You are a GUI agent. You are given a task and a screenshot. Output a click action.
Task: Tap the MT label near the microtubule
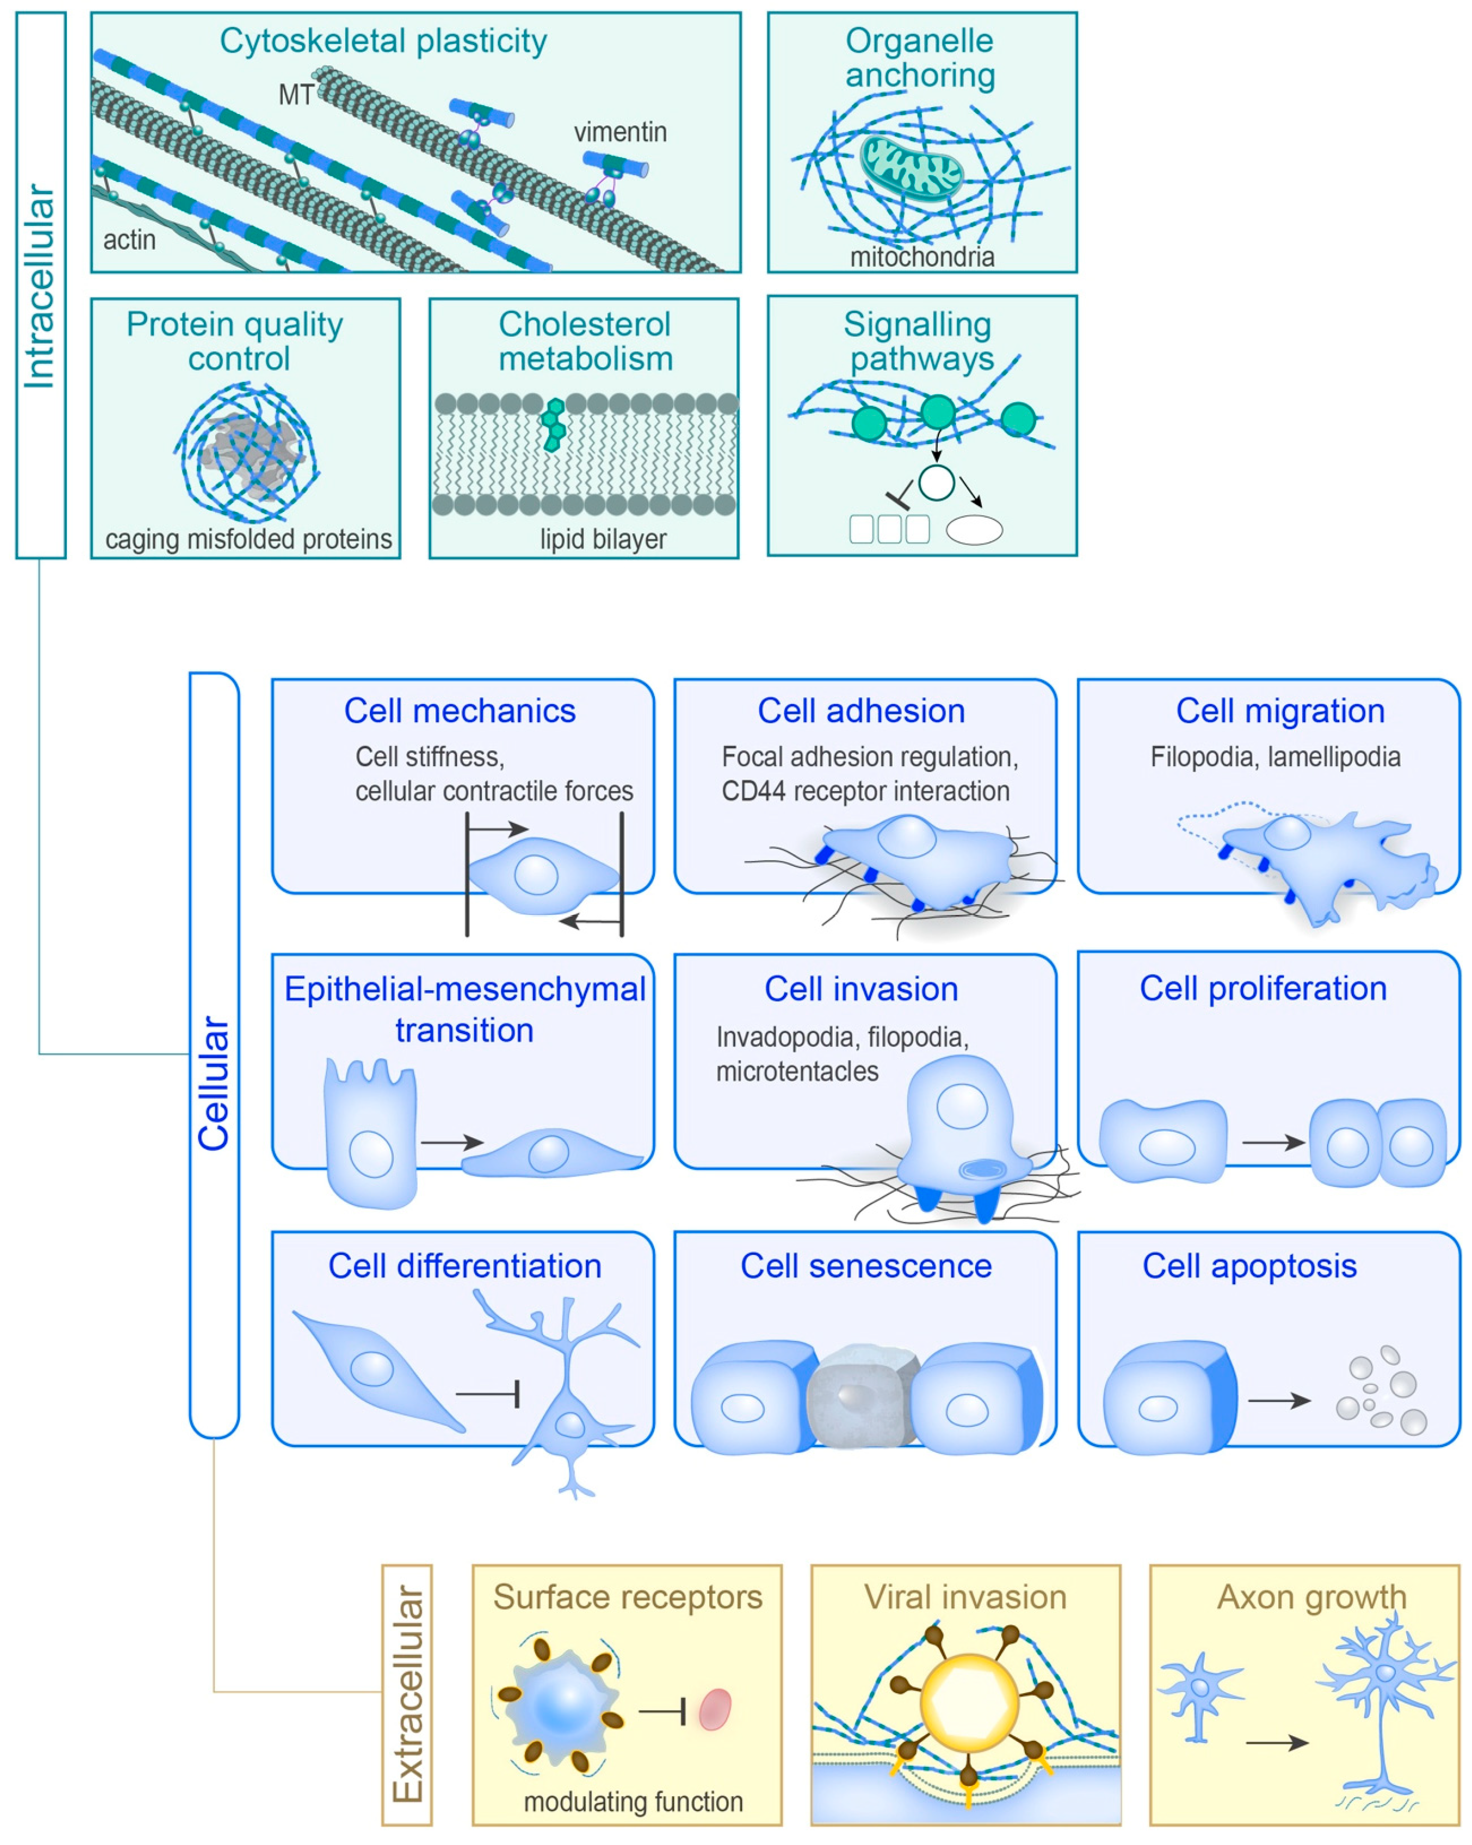pyautogui.click(x=295, y=95)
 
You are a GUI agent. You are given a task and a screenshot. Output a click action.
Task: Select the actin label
pyautogui.click(x=129, y=239)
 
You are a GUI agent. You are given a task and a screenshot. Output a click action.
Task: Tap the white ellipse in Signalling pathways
pyautogui.click(x=974, y=530)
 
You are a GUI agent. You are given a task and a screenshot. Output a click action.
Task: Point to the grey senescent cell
pyautogui.click(x=863, y=1395)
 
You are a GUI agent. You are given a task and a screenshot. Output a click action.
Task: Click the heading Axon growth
pyautogui.click(x=1310, y=1597)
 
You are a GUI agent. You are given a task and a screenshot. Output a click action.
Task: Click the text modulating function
pyautogui.click(x=633, y=1801)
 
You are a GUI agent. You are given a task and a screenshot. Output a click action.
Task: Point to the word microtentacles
pyautogui.click(x=797, y=1071)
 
